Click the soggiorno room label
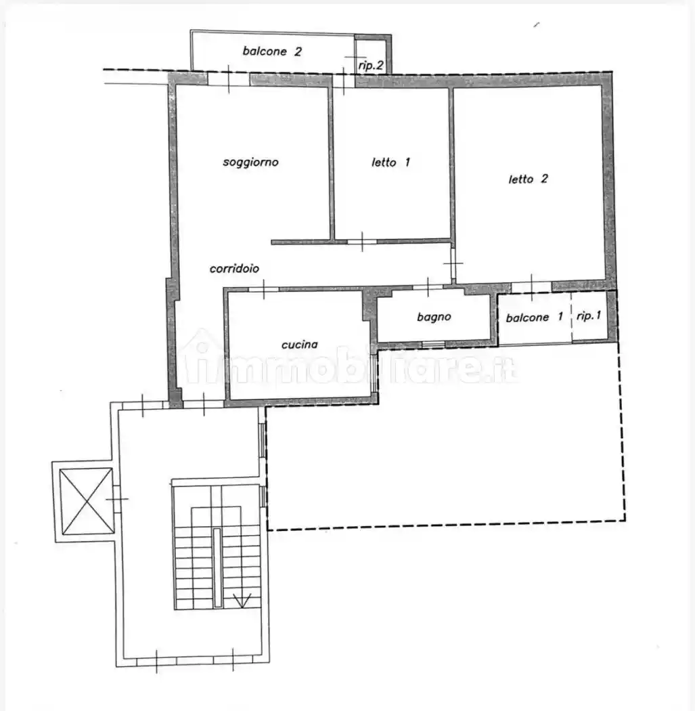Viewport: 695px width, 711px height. (x=250, y=163)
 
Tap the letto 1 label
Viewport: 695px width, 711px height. (x=390, y=162)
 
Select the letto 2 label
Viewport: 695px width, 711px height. (x=528, y=179)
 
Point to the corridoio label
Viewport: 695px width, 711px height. (x=234, y=268)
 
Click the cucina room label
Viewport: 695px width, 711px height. (x=300, y=345)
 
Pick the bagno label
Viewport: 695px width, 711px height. (x=434, y=317)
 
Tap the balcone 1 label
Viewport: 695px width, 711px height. (x=534, y=317)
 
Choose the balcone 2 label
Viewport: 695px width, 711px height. (x=272, y=51)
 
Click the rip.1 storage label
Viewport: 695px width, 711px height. (x=589, y=316)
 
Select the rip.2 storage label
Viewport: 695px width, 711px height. (x=371, y=66)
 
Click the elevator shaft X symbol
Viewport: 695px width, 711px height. (x=87, y=501)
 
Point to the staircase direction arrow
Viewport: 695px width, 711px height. (x=242, y=601)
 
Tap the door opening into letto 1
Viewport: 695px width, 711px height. (x=362, y=242)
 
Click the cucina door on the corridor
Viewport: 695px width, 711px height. (x=264, y=289)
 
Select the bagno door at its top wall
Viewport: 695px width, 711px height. (x=427, y=286)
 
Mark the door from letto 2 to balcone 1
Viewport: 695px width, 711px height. (x=531, y=287)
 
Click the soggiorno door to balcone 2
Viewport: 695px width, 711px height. (x=228, y=79)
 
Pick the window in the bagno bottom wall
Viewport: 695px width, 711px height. (x=434, y=345)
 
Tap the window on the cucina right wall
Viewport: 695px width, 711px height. (x=374, y=372)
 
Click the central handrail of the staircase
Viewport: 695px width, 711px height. (x=217, y=567)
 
